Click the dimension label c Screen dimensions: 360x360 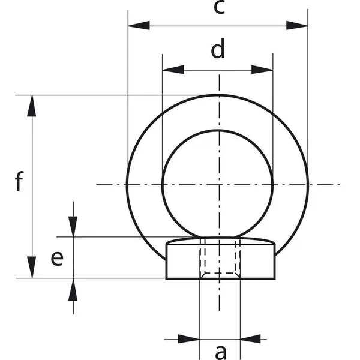(x=219, y=8)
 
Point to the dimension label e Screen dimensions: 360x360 (x=56, y=258)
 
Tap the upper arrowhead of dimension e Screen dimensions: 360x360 (x=73, y=226)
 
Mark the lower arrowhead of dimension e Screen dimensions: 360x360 (x=73, y=289)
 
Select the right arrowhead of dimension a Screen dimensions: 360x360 (x=250, y=339)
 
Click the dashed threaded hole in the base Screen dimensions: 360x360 (x=220, y=259)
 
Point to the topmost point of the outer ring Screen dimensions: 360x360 (x=218, y=95)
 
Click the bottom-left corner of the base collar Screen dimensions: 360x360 (x=166, y=278)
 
